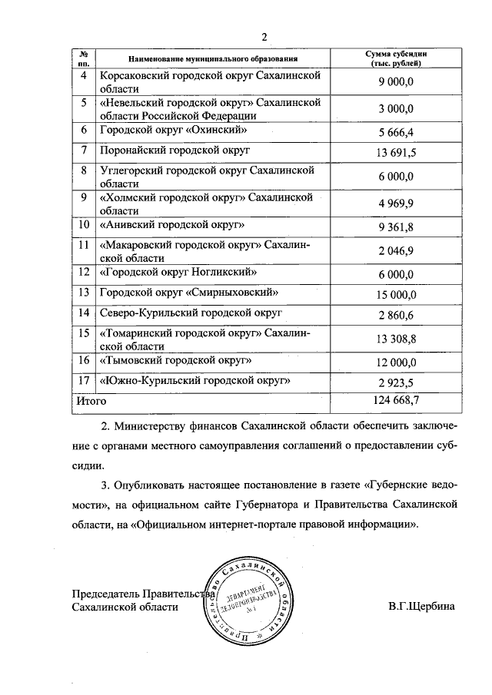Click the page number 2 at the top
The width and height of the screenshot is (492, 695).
(x=264, y=37)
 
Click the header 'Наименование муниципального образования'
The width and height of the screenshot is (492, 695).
(x=213, y=58)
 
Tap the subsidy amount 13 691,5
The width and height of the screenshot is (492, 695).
(x=396, y=153)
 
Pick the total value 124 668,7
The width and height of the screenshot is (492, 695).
(x=396, y=400)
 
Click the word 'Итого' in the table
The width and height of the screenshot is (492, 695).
(x=90, y=400)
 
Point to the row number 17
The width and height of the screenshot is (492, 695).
(x=84, y=381)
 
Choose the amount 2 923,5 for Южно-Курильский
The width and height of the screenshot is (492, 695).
(x=396, y=382)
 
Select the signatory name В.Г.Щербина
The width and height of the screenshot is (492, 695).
(x=422, y=606)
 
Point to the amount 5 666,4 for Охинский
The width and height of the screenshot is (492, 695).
(x=396, y=131)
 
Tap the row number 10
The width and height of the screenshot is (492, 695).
(x=84, y=225)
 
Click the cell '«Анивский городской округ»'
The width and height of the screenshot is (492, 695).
(x=173, y=225)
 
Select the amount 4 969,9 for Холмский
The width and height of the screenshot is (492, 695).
(x=396, y=204)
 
